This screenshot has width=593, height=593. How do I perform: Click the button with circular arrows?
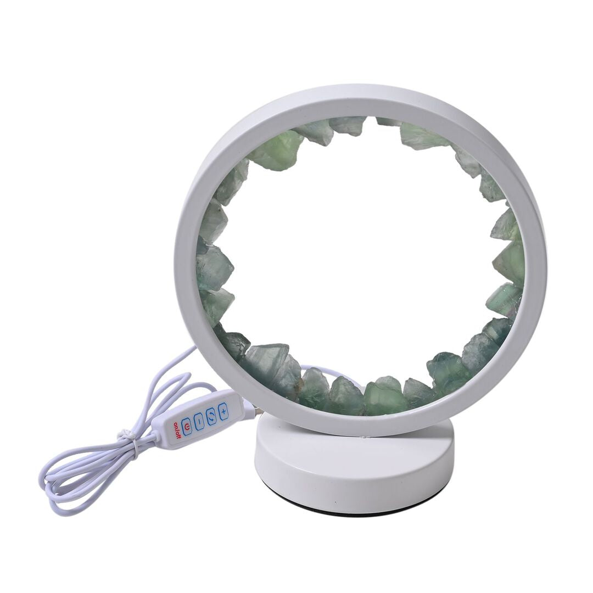coord(211,415)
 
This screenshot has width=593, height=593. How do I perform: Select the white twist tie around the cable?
coord(127,440)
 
